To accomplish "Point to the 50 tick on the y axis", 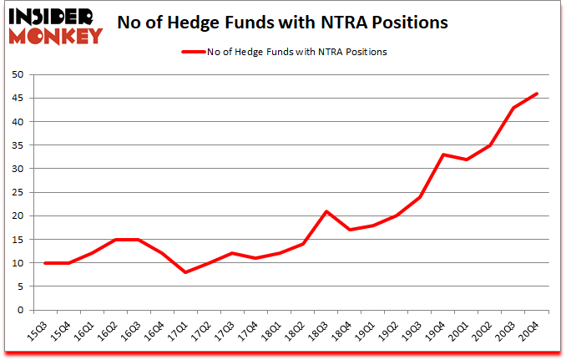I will (16, 74).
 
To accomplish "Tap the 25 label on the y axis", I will (16, 192).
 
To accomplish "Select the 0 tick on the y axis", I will (18, 310).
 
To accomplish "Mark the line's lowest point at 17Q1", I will (185, 272).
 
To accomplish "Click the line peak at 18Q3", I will (327, 211).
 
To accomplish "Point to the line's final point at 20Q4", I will (537, 94).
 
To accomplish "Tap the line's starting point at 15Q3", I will (45, 263).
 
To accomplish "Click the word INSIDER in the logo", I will (54, 16).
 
